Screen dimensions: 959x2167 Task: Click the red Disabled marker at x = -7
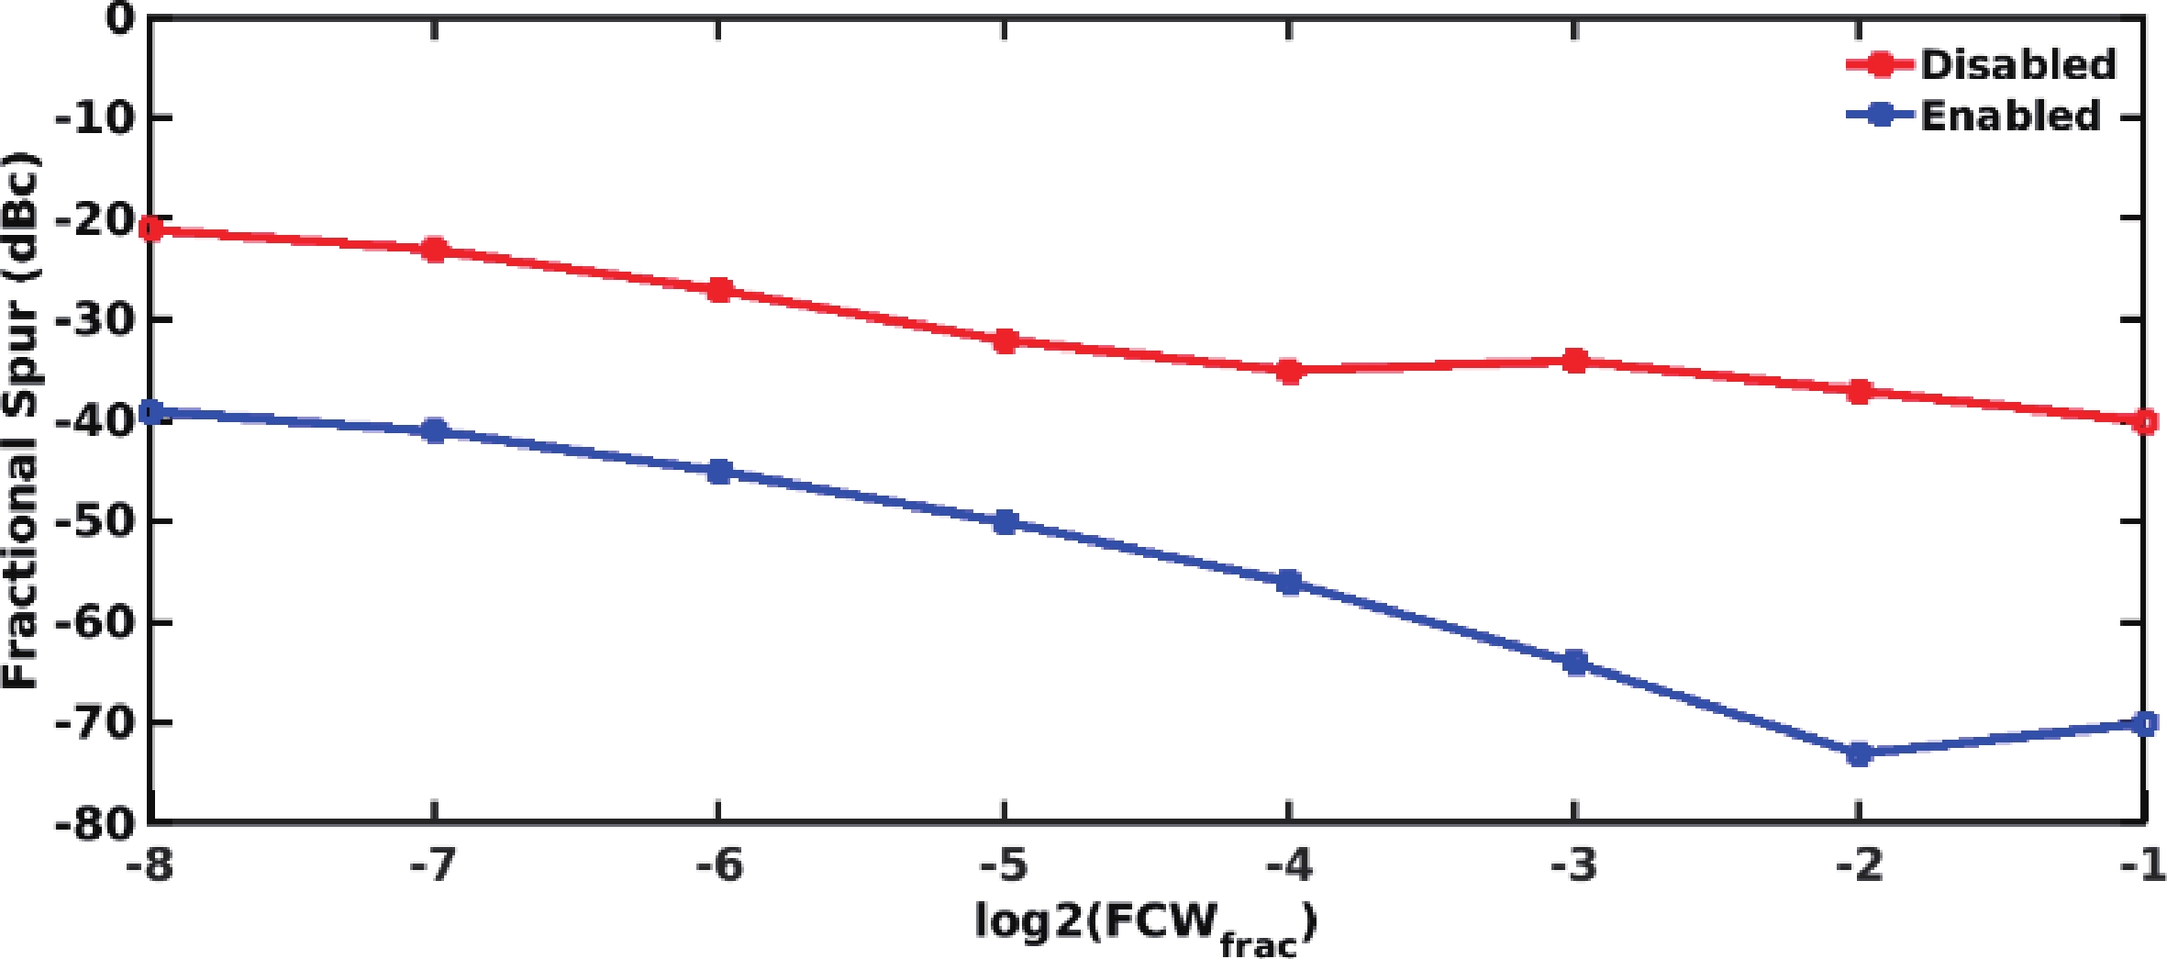435,250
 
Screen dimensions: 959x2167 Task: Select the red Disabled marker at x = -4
1290,371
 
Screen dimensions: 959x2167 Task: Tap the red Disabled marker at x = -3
1575,361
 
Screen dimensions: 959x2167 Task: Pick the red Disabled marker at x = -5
1006,340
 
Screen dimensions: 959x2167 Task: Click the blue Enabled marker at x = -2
1860,754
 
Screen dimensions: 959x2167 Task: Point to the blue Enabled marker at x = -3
1575,662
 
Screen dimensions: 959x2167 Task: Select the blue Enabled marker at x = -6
720,472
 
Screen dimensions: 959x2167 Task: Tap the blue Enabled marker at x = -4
1290,582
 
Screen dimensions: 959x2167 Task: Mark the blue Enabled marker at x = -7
435,430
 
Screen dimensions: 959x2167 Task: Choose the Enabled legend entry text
2010,116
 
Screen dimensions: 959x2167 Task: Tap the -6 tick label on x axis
719,865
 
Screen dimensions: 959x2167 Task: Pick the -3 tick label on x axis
1574,865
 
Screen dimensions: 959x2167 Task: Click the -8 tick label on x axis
149,865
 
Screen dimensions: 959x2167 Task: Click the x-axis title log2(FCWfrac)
1146,925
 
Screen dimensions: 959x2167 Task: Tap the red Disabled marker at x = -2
1860,391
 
